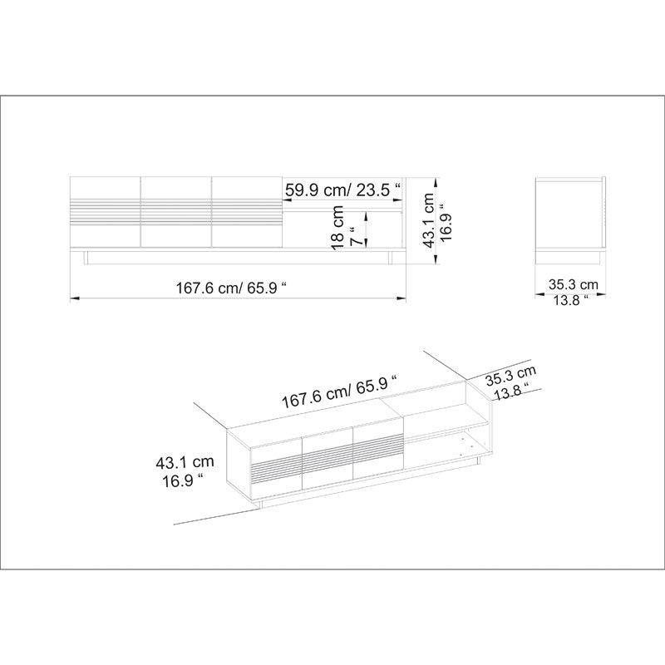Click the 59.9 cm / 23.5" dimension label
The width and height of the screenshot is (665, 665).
pos(343,190)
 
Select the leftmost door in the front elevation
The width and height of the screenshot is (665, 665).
pos(105,212)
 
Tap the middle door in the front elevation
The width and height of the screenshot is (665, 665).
pos(176,212)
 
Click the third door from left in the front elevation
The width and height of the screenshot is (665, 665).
pos(247,212)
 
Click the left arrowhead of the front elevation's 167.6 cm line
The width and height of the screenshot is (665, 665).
pos(72,298)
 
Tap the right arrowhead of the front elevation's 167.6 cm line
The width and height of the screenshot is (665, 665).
pos(404,298)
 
